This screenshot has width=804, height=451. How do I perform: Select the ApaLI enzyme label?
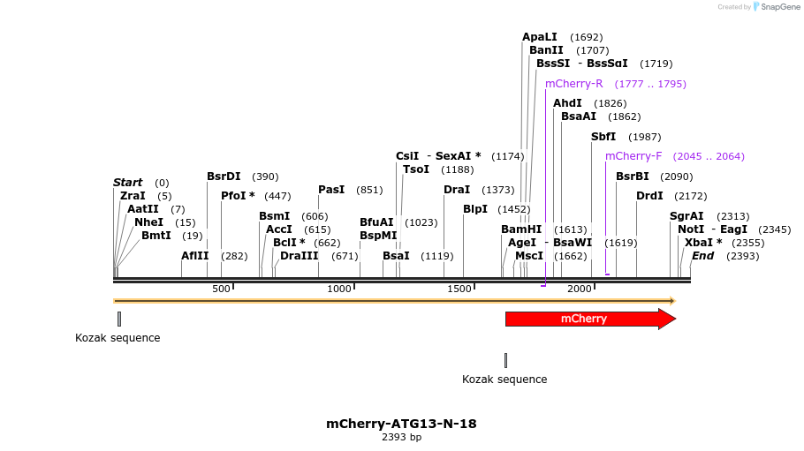[x=540, y=37]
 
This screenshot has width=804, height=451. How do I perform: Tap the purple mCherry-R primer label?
[x=573, y=84]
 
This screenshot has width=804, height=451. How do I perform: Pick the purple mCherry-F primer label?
[x=633, y=156]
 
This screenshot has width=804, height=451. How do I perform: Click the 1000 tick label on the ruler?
[x=339, y=289]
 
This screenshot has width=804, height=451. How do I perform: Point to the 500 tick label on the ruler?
[x=220, y=289]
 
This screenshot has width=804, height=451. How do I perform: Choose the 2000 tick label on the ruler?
[x=580, y=289]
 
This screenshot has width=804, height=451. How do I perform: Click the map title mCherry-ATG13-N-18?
[x=401, y=424]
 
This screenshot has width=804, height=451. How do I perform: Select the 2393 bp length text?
[x=401, y=437]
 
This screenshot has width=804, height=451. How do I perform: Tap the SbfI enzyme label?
[x=603, y=137]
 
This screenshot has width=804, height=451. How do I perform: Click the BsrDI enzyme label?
[x=224, y=177]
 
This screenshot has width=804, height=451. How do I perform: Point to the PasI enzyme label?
[x=331, y=190]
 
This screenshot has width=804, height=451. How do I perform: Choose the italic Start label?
[x=127, y=183]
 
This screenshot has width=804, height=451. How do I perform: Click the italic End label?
[x=702, y=256]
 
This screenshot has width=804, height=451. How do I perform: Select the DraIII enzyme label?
[x=299, y=256]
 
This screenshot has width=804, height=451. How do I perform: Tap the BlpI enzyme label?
[x=475, y=209]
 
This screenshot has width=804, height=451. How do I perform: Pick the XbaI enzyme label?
[x=699, y=243]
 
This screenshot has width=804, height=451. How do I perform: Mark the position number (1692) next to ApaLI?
[x=587, y=37]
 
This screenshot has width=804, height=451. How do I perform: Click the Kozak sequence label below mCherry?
[x=504, y=380]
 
